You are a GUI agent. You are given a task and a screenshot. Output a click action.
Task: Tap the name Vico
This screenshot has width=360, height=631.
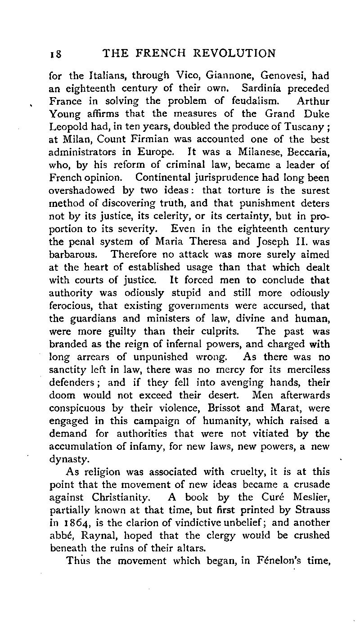point(186,76)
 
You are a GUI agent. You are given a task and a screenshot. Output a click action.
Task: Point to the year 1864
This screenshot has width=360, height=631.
point(81,523)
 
